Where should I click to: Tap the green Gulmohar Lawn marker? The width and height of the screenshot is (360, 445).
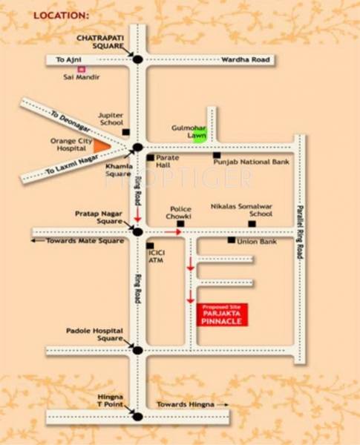point(198,136)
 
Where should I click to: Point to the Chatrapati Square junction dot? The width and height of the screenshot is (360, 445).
point(137,59)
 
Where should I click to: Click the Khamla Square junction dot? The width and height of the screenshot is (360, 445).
point(137,148)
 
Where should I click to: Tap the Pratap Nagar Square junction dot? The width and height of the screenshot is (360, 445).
point(137,232)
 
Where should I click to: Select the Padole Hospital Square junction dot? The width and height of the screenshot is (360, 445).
point(137,350)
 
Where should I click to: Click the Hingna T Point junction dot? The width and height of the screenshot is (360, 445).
point(137,416)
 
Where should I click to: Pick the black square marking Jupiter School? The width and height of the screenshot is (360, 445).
point(125,132)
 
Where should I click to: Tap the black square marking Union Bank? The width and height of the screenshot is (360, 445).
point(232,240)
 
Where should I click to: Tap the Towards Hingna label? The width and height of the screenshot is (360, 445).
point(185,404)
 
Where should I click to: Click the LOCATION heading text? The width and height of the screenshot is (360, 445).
point(61,14)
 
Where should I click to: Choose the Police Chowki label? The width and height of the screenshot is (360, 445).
point(180,213)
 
